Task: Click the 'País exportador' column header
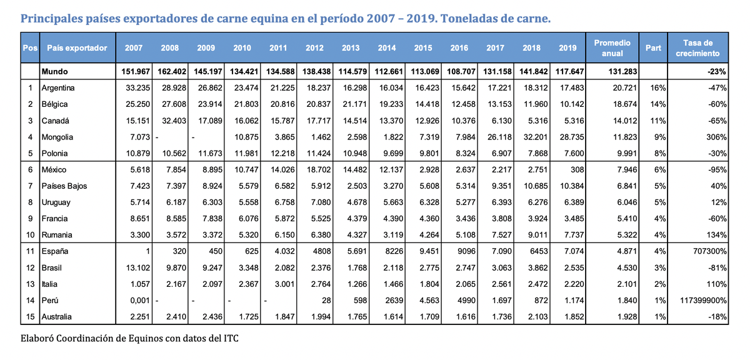77,48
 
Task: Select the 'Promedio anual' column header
612,48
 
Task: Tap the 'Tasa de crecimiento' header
697,48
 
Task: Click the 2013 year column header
351,48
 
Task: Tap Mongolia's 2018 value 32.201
531,137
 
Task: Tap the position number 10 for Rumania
29,235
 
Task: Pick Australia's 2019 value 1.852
567,317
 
